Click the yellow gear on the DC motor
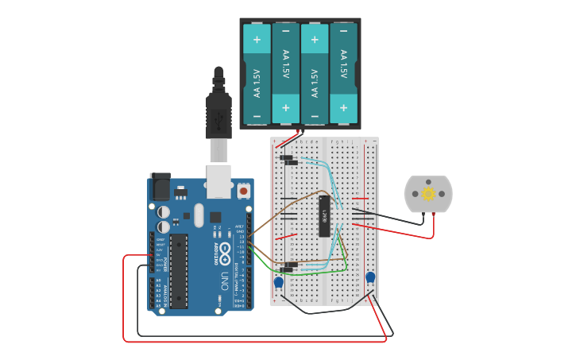[428, 193]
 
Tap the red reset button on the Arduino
[243, 191]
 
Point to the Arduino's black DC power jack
[160, 188]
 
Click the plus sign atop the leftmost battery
[257, 38]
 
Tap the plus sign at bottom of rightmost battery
[343, 107]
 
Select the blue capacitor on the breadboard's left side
[279, 282]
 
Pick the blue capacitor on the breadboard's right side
[370, 277]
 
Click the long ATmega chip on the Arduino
[179, 270]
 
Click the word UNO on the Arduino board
[225, 281]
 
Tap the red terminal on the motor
[434, 215]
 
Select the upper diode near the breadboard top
[285, 157]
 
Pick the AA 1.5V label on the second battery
[285, 64]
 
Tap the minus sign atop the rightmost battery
[343, 37]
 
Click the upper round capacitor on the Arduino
[163, 211]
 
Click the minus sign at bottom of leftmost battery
[257, 116]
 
